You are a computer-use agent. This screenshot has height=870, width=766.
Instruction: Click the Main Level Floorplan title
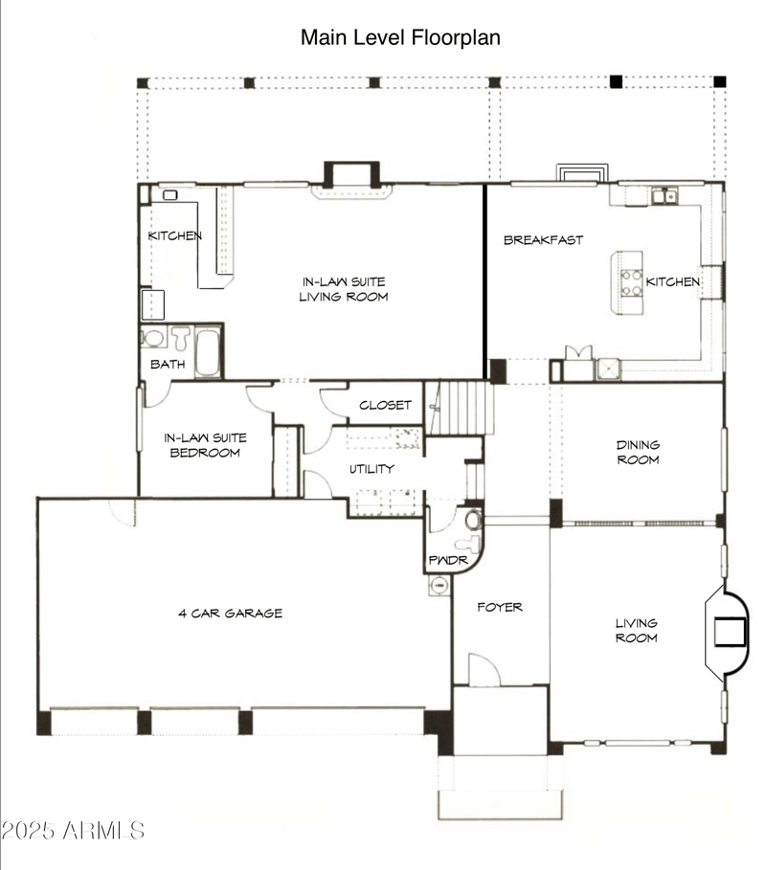pyautogui.click(x=400, y=37)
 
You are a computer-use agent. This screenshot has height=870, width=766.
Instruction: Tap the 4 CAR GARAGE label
pyautogui.click(x=230, y=613)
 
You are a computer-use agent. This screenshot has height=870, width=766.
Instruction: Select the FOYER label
pyautogui.click(x=500, y=607)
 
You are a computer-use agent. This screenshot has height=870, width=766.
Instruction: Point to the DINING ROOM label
pyautogui.click(x=637, y=452)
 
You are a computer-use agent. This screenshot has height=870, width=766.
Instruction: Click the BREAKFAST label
pyautogui.click(x=543, y=240)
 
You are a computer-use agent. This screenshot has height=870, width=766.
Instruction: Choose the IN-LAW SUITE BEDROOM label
pyautogui.click(x=205, y=445)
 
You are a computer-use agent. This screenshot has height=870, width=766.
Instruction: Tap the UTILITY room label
pyautogui.click(x=372, y=469)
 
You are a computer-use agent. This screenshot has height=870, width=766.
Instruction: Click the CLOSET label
pyautogui.click(x=385, y=405)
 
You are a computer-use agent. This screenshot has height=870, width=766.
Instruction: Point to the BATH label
pyautogui.click(x=167, y=364)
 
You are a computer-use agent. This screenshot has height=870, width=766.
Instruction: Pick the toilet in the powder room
pyautogui.click(x=470, y=522)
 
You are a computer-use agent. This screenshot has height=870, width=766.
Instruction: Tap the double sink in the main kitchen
pyautogui.click(x=661, y=197)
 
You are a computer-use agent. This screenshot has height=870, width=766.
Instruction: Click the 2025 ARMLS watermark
pyautogui.click(x=73, y=830)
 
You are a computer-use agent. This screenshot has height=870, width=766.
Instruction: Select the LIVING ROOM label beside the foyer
pyautogui.click(x=637, y=631)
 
